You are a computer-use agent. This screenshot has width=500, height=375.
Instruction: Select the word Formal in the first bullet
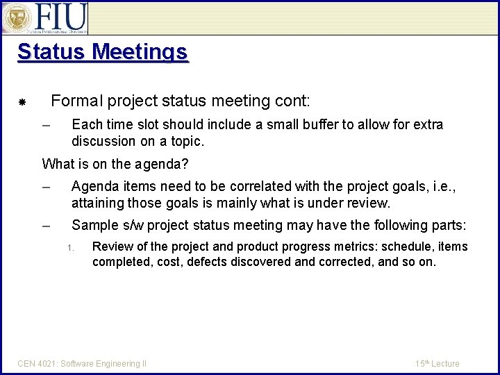(x=76, y=101)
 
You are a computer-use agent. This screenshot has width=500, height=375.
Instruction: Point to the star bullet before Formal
(x=22, y=103)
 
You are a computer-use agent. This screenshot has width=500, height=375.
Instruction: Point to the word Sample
(x=94, y=226)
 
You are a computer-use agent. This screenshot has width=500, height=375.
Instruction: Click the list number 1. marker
(x=70, y=248)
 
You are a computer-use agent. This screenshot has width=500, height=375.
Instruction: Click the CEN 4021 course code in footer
(x=37, y=364)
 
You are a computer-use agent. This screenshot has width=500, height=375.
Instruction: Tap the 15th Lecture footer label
(x=437, y=364)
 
